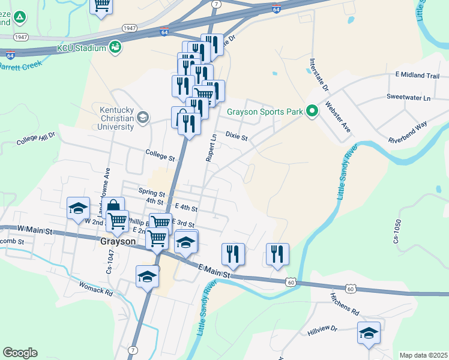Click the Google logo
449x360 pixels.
(x=20, y=353)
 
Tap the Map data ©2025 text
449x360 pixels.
(x=423, y=355)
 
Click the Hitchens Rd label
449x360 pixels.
(x=344, y=304)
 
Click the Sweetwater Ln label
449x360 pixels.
(x=409, y=97)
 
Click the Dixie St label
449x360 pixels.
(x=237, y=137)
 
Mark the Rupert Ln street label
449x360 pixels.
(x=211, y=147)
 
